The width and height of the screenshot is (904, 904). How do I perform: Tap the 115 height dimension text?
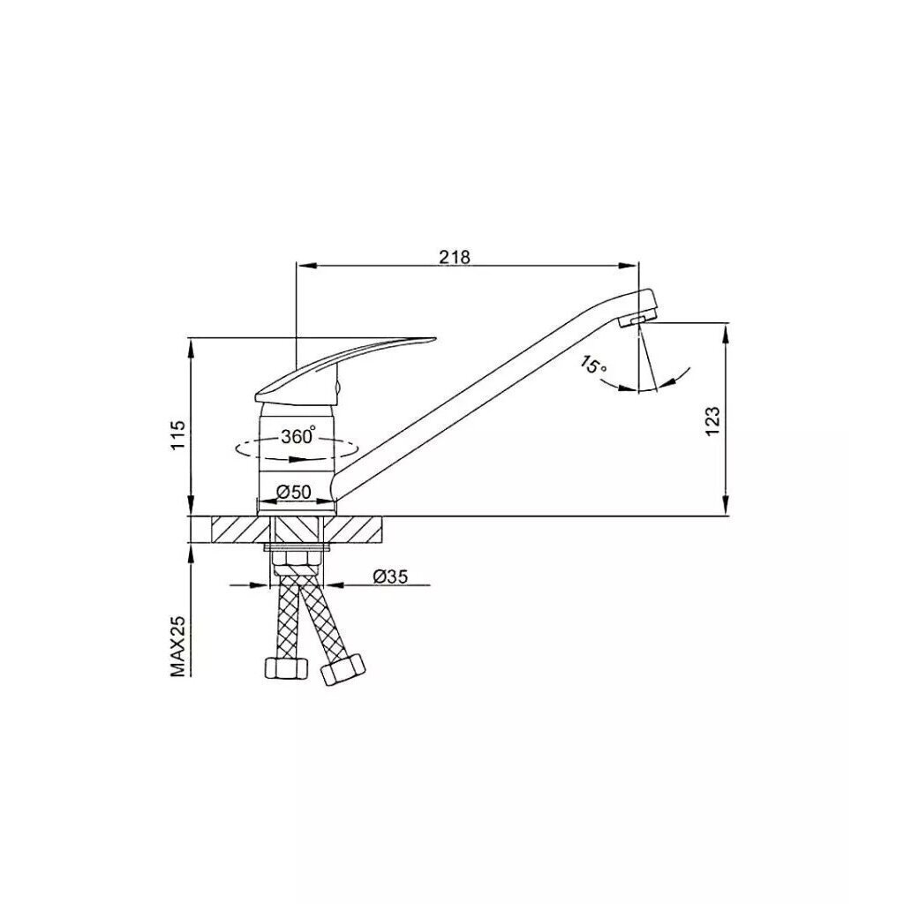[x=179, y=435]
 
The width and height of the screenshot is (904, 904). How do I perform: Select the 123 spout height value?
[x=713, y=421]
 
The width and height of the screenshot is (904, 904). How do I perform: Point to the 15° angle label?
[x=593, y=366]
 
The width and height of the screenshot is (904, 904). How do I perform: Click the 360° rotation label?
[x=298, y=436]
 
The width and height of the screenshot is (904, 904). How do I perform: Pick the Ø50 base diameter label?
[x=293, y=492]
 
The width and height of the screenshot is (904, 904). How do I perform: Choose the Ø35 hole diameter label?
[x=390, y=576]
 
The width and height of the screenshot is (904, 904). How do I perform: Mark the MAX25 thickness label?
[x=179, y=645]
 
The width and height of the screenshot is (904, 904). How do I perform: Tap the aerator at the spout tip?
[x=636, y=320]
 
